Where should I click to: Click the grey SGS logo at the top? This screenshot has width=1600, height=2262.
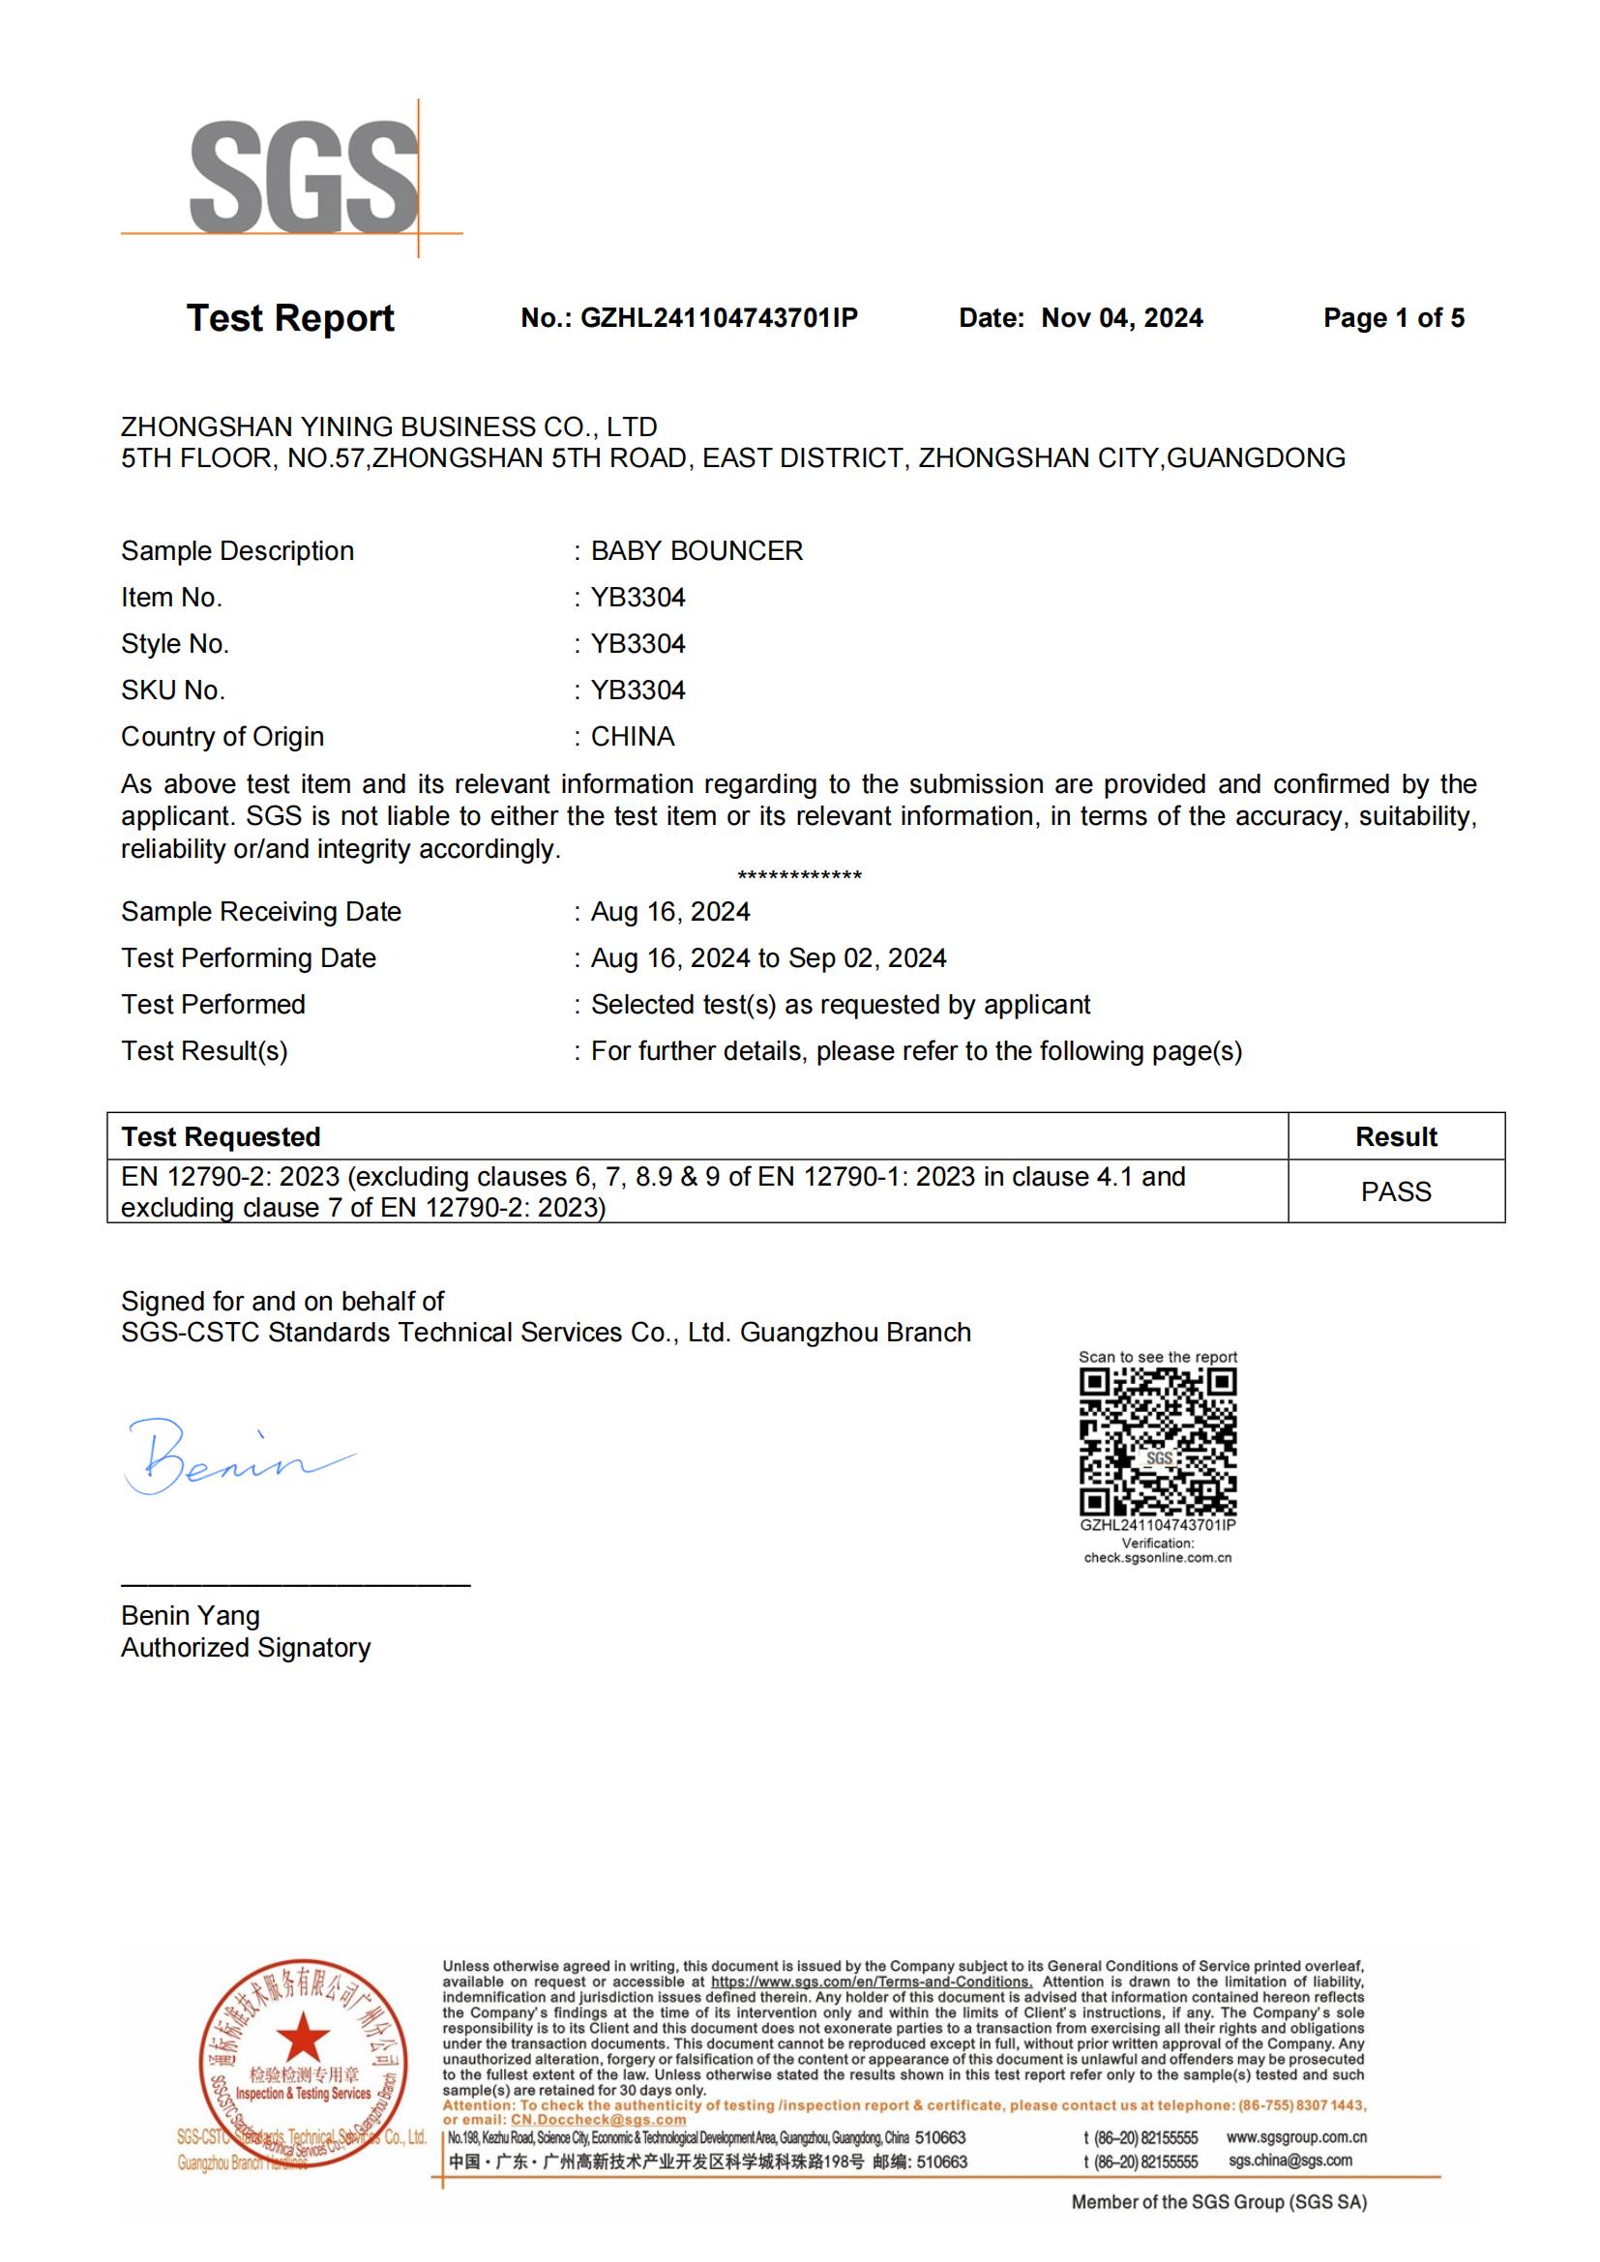click(304, 177)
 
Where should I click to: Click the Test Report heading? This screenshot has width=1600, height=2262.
click(289, 318)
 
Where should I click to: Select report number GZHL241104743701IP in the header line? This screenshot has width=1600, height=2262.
click(718, 318)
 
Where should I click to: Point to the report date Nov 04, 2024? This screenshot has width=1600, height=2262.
click(1121, 318)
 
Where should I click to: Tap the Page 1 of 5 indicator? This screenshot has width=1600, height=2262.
click(1393, 318)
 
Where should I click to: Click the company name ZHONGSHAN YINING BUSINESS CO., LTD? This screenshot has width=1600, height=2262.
click(388, 426)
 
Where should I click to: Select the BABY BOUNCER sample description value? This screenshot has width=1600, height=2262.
click(696, 550)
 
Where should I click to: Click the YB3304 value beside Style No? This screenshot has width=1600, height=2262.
click(637, 644)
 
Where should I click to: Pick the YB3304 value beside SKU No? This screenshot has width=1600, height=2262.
click(637, 690)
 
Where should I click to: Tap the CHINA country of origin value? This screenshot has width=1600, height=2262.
click(633, 737)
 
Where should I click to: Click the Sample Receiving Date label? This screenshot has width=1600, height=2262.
click(261, 912)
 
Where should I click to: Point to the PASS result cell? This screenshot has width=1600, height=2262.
click(1395, 1192)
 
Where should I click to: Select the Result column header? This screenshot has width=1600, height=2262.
click(1395, 1137)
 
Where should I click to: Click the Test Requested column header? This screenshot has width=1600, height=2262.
click(221, 1137)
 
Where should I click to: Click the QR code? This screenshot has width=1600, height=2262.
click(1158, 1444)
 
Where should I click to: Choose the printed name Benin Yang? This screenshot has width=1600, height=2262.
click(191, 1616)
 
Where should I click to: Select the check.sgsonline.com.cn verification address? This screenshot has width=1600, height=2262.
click(1158, 1558)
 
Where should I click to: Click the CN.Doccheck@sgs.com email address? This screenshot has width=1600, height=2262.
click(597, 2119)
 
